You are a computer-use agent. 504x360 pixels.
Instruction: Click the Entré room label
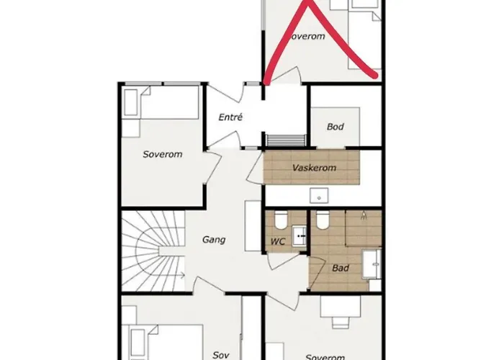coord(230,117)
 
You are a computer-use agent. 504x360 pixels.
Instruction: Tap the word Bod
coord(336,127)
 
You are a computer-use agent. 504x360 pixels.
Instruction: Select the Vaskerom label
coord(314,168)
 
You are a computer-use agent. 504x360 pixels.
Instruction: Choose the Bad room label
coord(341,268)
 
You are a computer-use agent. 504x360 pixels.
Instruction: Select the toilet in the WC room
coord(282,220)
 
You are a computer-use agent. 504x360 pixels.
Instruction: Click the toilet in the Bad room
coord(323,220)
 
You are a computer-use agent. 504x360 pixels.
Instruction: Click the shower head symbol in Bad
coord(364,215)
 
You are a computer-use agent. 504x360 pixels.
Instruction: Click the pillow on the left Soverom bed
coord(134,102)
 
